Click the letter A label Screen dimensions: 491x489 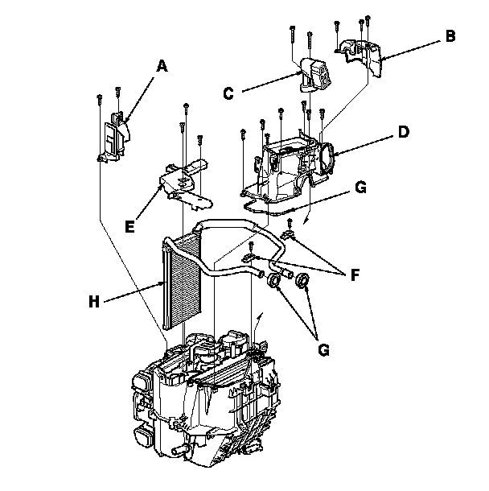[x=161, y=67]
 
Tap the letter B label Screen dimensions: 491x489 [x=450, y=36]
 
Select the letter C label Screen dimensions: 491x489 [x=228, y=93]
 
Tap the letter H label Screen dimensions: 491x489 [x=96, y=302]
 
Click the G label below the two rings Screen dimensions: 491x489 [x=323, y=351]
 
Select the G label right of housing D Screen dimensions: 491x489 [x=360, y=188]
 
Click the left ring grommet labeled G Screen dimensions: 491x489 [x=273, y=280]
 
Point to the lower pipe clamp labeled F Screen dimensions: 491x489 [x=250, y=258]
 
